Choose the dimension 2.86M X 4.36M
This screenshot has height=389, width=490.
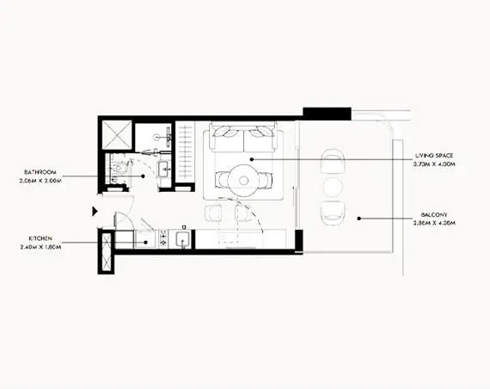[x=433, y=222]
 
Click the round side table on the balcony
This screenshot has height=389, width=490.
[x=333, y=187]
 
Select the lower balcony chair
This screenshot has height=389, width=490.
[x=333, y=213]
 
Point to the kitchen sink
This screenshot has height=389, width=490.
[x=181, y=238]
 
